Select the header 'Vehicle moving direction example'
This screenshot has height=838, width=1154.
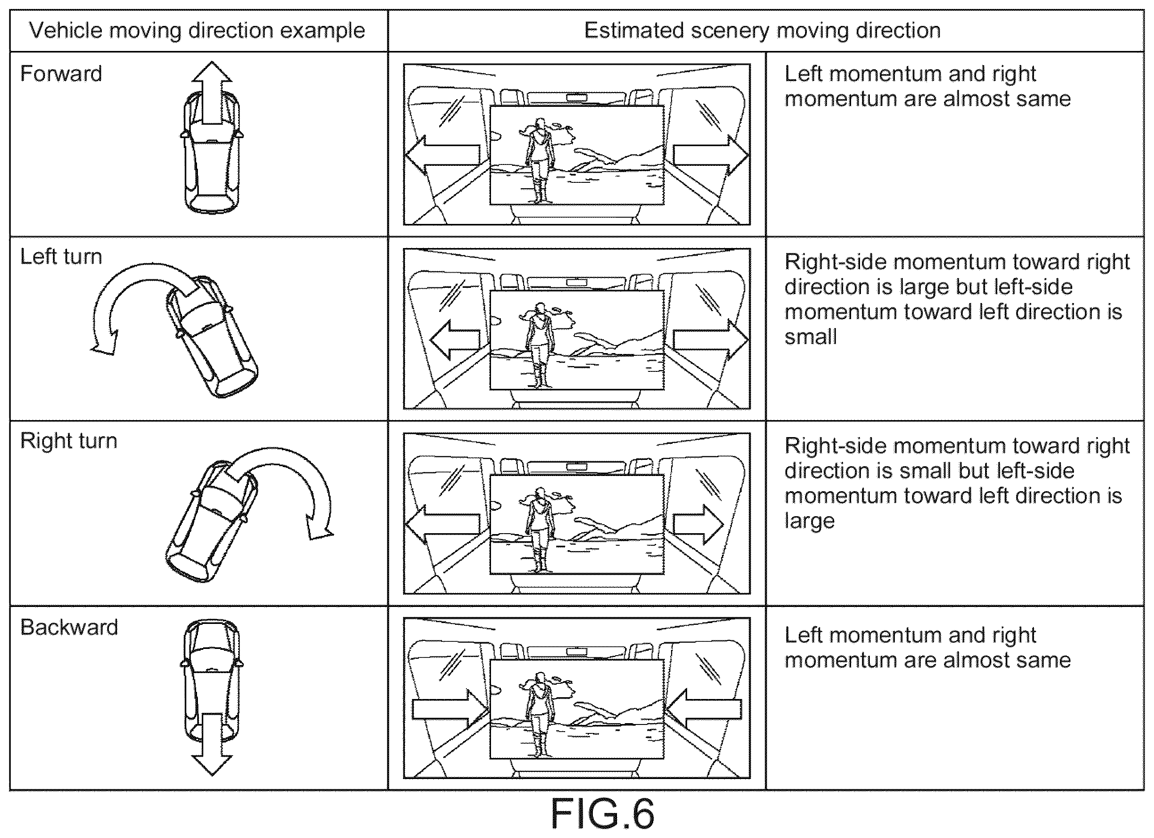tap(197, 30)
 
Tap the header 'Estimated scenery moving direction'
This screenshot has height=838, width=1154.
tap(762, 30)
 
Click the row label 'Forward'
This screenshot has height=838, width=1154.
tap(61, 74)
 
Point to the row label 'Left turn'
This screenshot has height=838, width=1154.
tap(61, 257)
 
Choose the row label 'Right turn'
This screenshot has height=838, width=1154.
tap(69, 441)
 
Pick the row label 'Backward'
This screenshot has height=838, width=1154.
tap(69, 627)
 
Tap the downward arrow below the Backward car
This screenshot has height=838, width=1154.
tap(212, 744)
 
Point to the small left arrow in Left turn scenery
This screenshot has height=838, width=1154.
tap(455, 340)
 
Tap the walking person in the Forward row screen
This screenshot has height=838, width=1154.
tap(539, 160)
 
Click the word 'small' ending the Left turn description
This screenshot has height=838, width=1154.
tap(810, 337)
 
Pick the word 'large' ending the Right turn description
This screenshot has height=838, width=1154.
tap(810, 521)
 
